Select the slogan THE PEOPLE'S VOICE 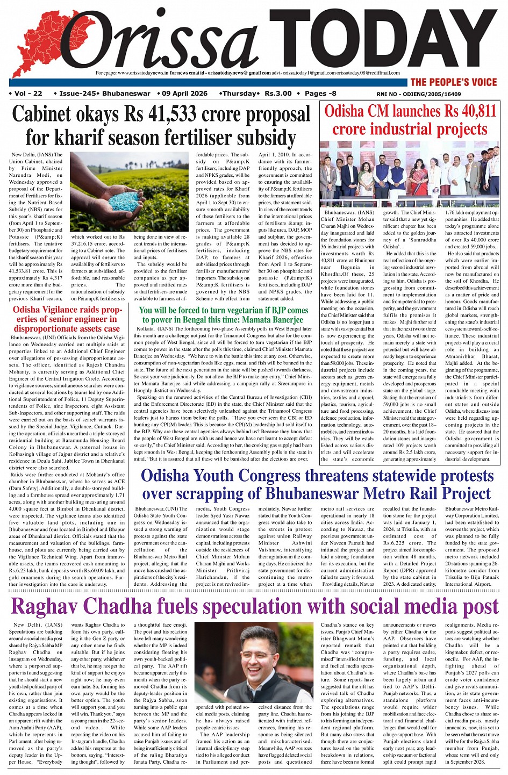[454, 82]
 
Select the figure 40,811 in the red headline [471, 112]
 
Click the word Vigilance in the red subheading [59, 310]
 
